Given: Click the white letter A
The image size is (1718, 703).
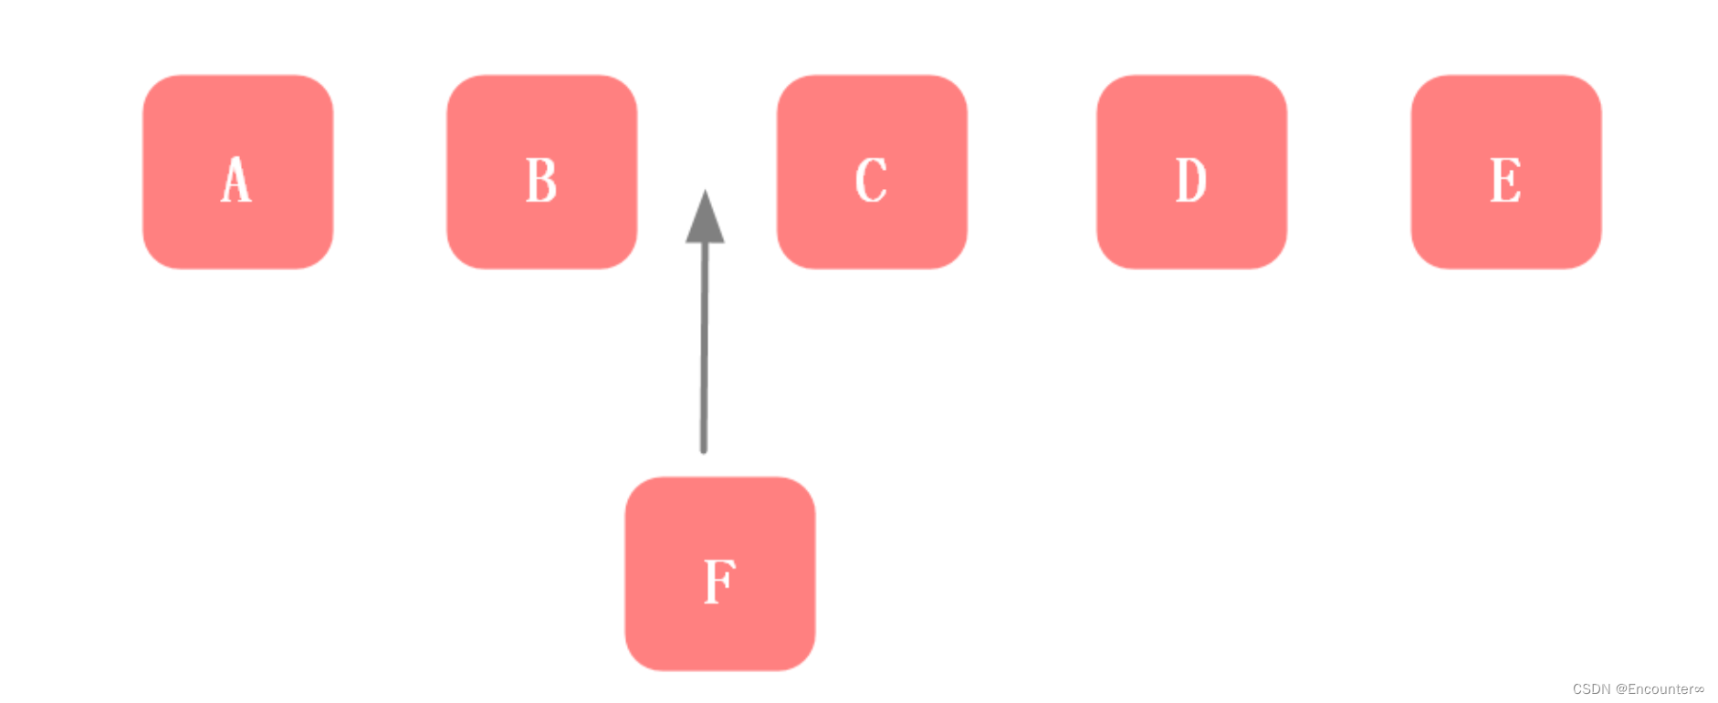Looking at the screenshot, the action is coord(236,179).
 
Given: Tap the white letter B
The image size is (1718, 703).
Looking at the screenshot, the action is coord(541,180).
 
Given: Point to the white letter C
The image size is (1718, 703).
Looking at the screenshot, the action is coord(871,180).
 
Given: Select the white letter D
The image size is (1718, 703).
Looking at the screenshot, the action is coord(1190,180).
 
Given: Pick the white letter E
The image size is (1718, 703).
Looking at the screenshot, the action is coord(1505,180).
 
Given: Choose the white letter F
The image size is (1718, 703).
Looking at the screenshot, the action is coord(719,581).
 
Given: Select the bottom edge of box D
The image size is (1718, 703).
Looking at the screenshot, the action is coord(1191,268).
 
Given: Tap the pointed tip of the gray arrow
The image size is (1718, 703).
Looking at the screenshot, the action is coord(705,192).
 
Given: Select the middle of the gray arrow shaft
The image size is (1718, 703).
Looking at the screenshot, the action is coord(704,347).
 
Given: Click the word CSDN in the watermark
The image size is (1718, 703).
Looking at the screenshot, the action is coord(1591,689).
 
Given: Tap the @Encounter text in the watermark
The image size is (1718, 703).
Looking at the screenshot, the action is coord(1654,689).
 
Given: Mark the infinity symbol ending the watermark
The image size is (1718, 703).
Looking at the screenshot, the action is coord(1699,689).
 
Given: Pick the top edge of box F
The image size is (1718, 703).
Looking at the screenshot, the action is coord(719,477).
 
